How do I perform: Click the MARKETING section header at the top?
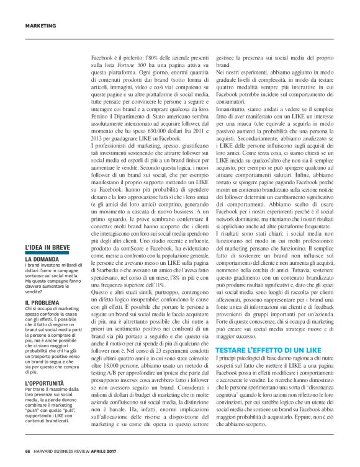40,25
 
